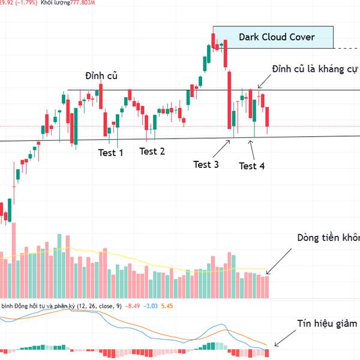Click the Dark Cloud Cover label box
[x=273, y=37]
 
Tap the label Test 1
[x=111, y=152]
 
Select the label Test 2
[x=152, y=151]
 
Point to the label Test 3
[x=206, y=164]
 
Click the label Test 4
[x=252, y=166]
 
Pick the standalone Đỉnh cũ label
[x=101, y=76]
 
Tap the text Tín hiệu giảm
[x=327, y=323]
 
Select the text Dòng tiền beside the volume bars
[x=328, y=238]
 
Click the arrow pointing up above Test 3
[x=226, y=145]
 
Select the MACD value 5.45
[x=169, y=306]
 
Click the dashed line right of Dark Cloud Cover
[x=346, y=47]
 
